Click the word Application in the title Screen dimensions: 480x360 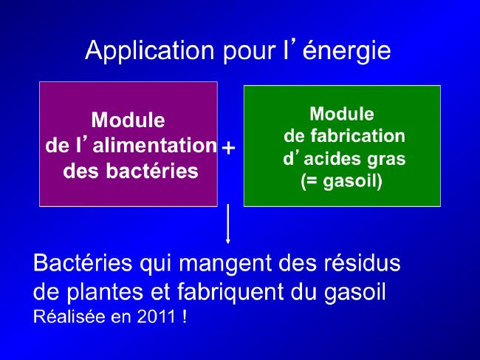149,51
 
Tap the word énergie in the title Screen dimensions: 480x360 346,50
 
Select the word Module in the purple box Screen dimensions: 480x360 128,120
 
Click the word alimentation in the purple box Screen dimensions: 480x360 155,145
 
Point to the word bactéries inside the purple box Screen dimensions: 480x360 152,170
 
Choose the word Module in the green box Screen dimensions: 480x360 342,114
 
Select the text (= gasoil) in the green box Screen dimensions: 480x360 342,181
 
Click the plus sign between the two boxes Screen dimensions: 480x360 228,148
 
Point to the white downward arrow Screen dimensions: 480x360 227,224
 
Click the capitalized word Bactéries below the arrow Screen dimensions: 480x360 83,262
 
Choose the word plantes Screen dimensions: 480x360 105,292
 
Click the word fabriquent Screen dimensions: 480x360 230,292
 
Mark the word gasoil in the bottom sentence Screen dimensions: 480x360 354,292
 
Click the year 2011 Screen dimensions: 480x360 156,316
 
